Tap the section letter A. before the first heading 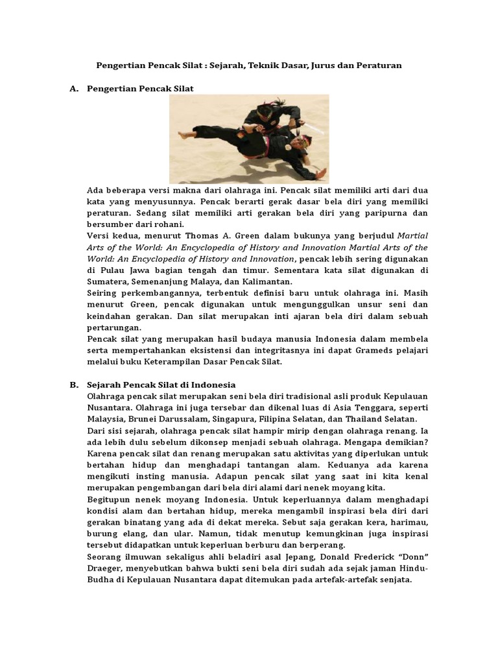point(74,88)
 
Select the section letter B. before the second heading point(74,385)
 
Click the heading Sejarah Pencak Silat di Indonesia point(161,385)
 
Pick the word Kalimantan point(265,281)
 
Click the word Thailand point(364,419)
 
